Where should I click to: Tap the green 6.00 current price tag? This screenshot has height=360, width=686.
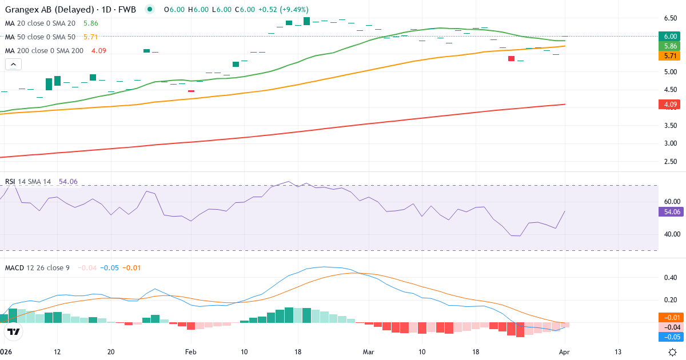coord(670,36)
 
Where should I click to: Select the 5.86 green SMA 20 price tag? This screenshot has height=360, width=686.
coord(670,46)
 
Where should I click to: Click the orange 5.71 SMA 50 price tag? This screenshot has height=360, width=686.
coord(670,56)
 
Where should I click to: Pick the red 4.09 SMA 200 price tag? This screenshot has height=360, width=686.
coord(670,105)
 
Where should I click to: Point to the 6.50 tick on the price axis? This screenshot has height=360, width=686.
coord(670,18)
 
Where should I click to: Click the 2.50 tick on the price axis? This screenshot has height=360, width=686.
coord(670,161)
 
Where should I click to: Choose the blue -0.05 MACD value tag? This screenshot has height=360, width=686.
coord(670,337)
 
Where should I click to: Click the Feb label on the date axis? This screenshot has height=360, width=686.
coord(190,351)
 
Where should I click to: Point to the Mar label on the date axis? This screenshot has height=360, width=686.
coord(369,351)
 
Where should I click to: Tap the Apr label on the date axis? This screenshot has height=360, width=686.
coord(565,351)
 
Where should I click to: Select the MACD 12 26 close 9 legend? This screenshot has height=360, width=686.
coord(37,267)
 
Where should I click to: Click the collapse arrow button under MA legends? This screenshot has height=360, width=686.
coord(13,64)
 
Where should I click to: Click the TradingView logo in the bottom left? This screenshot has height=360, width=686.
coord(14,331)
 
